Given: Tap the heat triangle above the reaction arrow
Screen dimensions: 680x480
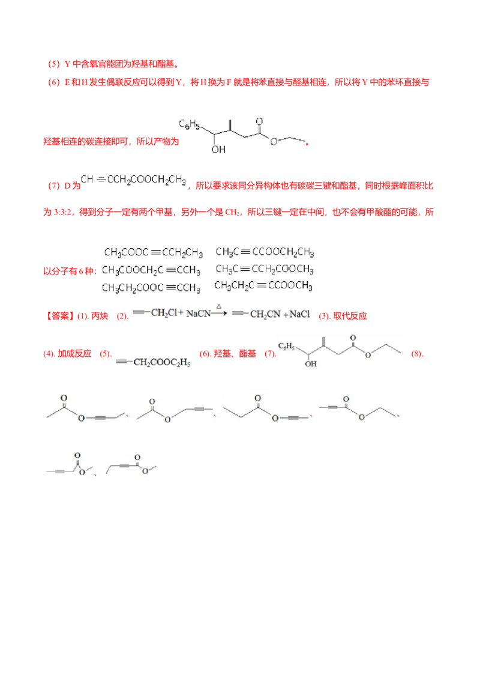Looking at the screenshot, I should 219,306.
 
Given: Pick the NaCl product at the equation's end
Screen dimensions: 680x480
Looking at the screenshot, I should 299,314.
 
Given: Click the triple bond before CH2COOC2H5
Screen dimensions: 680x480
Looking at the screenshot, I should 122,361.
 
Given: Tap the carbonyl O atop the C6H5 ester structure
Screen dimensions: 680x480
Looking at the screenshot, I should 355,337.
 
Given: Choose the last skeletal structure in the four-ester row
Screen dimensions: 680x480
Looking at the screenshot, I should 358,409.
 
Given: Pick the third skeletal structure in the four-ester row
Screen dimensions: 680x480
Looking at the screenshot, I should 266,409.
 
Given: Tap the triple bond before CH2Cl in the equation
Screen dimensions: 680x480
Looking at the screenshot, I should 139,312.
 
